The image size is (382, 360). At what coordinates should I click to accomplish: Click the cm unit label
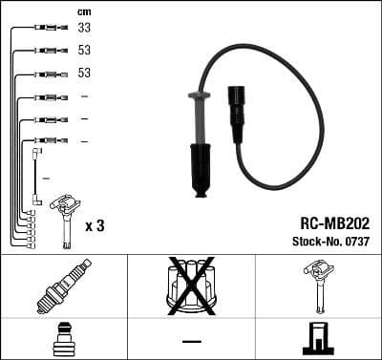tap(83, 11)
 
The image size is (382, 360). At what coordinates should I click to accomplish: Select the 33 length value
tap(84, 29)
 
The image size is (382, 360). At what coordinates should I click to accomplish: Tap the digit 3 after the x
tap(102, 226)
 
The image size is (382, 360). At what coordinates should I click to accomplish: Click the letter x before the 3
tap(89, 227)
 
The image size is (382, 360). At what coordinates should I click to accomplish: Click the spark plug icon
tap(60, 286)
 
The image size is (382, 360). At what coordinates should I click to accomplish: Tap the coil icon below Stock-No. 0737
tap(318, 286)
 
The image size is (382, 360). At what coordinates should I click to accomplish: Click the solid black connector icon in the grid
tap(318, 339)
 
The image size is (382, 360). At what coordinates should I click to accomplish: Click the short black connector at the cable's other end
tap(238, 110)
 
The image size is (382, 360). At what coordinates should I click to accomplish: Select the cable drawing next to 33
tap(45, 29)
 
